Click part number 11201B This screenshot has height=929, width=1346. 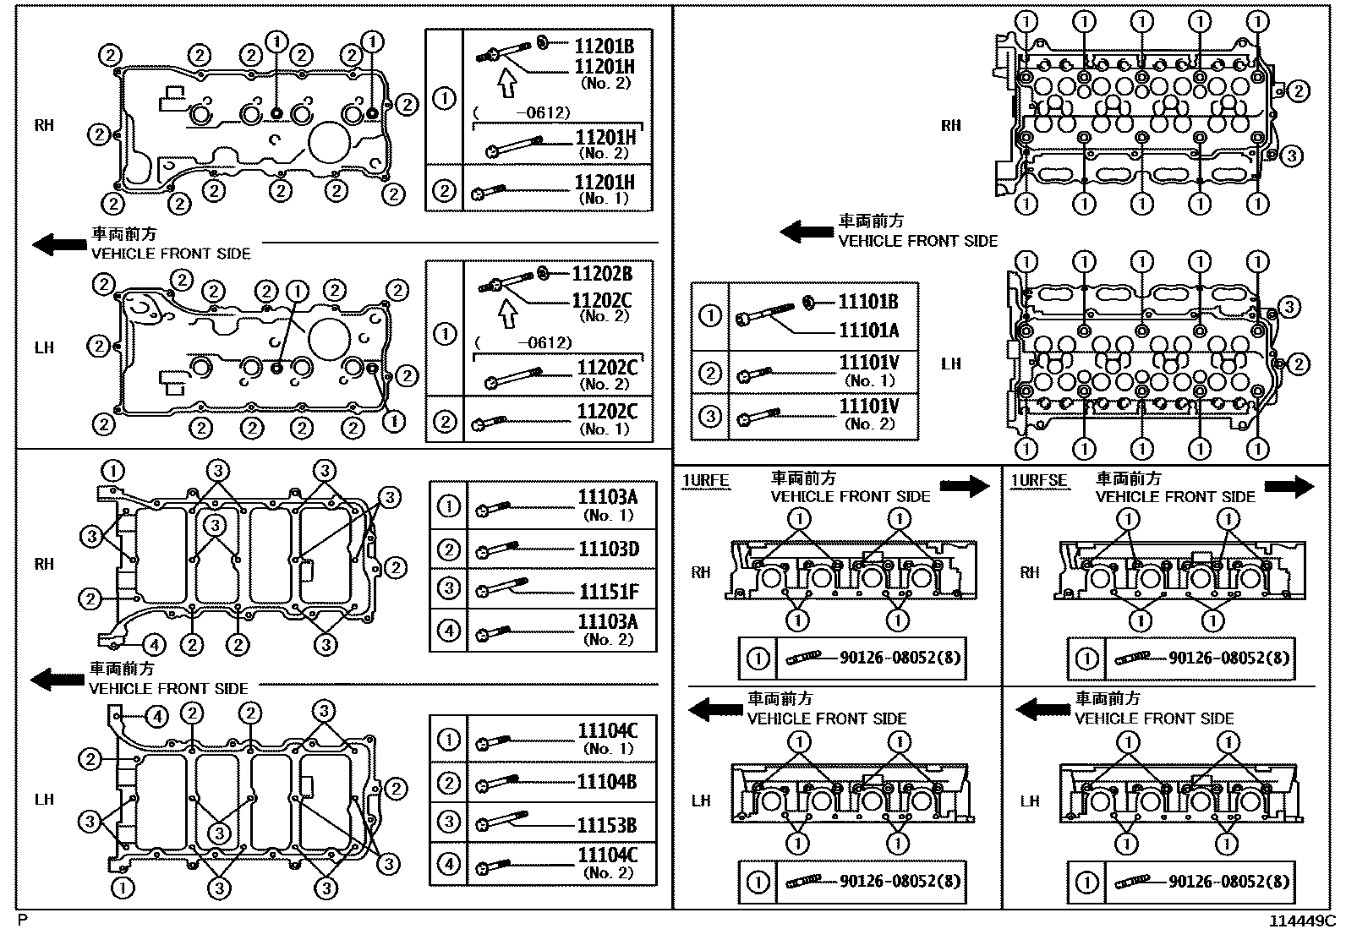pyautogui.click(x=604, y=46)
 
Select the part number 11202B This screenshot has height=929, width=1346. pyautogui.click(x=602, y=274)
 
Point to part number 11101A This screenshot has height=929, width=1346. pyautogui.click(x=868, y=331)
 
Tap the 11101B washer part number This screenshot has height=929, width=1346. pyautogui.click(x=868, y=302)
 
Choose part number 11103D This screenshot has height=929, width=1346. pyautogui.click(x=609, y=549)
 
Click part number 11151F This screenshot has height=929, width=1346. pyautogui.click(x=609, y=590)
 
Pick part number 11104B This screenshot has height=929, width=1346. pyautogui.click(x=607, y=782)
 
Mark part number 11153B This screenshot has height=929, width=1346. pyautogui.click(x=607, y=825)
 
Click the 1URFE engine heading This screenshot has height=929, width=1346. pyautogui.click(x=705, y=481)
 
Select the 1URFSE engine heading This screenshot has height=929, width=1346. pyautogui.click(x=1038, y=481)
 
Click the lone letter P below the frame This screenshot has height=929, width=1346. pyautogui.click(x=23, y=919)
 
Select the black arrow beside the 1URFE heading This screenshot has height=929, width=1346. pyautogui.click(x=965, y=486)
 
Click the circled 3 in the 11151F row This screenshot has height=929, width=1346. pyautogui.click(x=448, y=589)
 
